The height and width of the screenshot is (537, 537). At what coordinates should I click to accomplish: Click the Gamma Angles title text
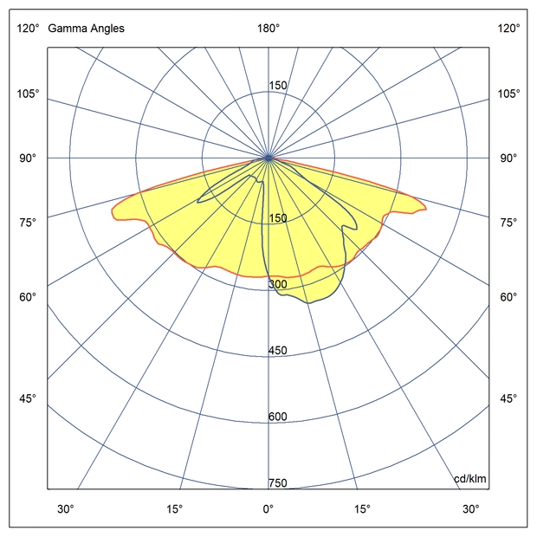(86, 29)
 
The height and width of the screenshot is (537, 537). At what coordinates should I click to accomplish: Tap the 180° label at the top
(268, 29)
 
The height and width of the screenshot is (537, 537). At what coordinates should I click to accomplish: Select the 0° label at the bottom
(268, 508)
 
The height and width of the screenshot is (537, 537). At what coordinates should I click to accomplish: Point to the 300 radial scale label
(277, 285)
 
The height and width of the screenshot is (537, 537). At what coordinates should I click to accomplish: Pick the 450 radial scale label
(277, 351)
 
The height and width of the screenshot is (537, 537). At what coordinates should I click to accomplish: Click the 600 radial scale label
(277, 417)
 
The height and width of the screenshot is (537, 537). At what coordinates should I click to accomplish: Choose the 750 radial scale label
(277, 483)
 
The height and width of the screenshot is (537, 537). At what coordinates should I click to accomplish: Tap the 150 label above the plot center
(277, 86)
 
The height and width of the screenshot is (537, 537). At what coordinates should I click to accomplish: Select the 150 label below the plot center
(277, 218)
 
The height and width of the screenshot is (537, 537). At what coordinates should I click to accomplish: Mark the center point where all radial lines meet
(268, 158)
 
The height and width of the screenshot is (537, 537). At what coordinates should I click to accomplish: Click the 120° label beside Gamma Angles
(28, 29)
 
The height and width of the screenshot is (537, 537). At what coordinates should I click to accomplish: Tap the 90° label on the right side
(508, 159)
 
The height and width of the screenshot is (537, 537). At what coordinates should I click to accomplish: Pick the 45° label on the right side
(508, 398)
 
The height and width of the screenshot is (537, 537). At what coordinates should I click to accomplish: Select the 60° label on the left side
(28, 298)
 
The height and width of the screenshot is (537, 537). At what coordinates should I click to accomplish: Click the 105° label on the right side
(508, 94)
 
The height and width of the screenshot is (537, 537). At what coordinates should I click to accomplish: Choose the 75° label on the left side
(28, 223)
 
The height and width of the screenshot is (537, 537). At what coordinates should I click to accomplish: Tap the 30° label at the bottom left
(66, 508)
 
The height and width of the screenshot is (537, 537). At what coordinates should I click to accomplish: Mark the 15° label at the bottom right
(362, 508)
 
